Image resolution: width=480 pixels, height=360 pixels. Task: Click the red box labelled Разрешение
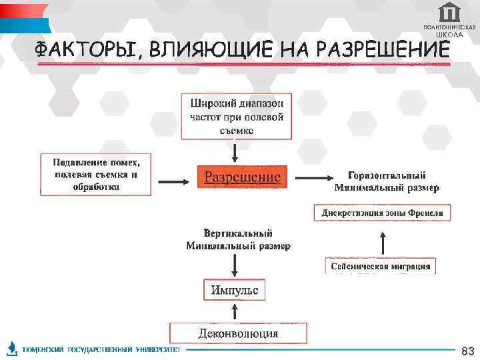click(242, 177)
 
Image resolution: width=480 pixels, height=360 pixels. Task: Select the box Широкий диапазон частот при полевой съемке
click(237, 116)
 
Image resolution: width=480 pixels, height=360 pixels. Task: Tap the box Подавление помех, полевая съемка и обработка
click(96, 174)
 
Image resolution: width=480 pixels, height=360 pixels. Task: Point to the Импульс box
click(234, 290)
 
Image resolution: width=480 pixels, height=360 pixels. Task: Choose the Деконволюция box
click(238, 333)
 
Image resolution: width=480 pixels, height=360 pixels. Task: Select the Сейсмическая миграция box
click(380, 266)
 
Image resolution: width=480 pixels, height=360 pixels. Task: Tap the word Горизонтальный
click(387, 175)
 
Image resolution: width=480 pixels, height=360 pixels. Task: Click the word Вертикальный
click(238, 233)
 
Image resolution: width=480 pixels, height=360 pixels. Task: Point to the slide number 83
click(467, 351)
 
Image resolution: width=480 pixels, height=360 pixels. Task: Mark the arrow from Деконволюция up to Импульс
click(235, 312)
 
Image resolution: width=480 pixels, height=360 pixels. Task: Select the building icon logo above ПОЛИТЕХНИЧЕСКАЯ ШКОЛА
click(450, 12)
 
